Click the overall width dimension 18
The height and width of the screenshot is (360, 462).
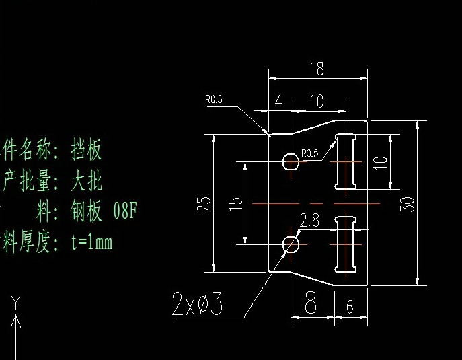tap(317, 69)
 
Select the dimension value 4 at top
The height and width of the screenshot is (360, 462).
tap(278, 102)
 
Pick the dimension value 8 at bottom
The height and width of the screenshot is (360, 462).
tap(311, 304)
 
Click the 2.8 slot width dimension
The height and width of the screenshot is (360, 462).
tap(309, 221)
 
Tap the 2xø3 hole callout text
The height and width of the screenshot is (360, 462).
tap(197, 305)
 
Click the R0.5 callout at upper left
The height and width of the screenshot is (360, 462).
tap(213, 100)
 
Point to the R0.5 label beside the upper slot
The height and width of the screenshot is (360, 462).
tap(310, 153)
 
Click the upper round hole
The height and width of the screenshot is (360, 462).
tap(291, 161)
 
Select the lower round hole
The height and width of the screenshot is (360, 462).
tap(291, 244)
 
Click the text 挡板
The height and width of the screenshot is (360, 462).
tap(87, 149)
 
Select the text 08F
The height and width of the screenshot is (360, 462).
tap(125, 211)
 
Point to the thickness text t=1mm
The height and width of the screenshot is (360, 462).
tap(91, 242)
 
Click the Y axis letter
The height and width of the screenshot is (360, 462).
tap(17, 300)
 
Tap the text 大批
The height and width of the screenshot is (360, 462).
tap(87, 180)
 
